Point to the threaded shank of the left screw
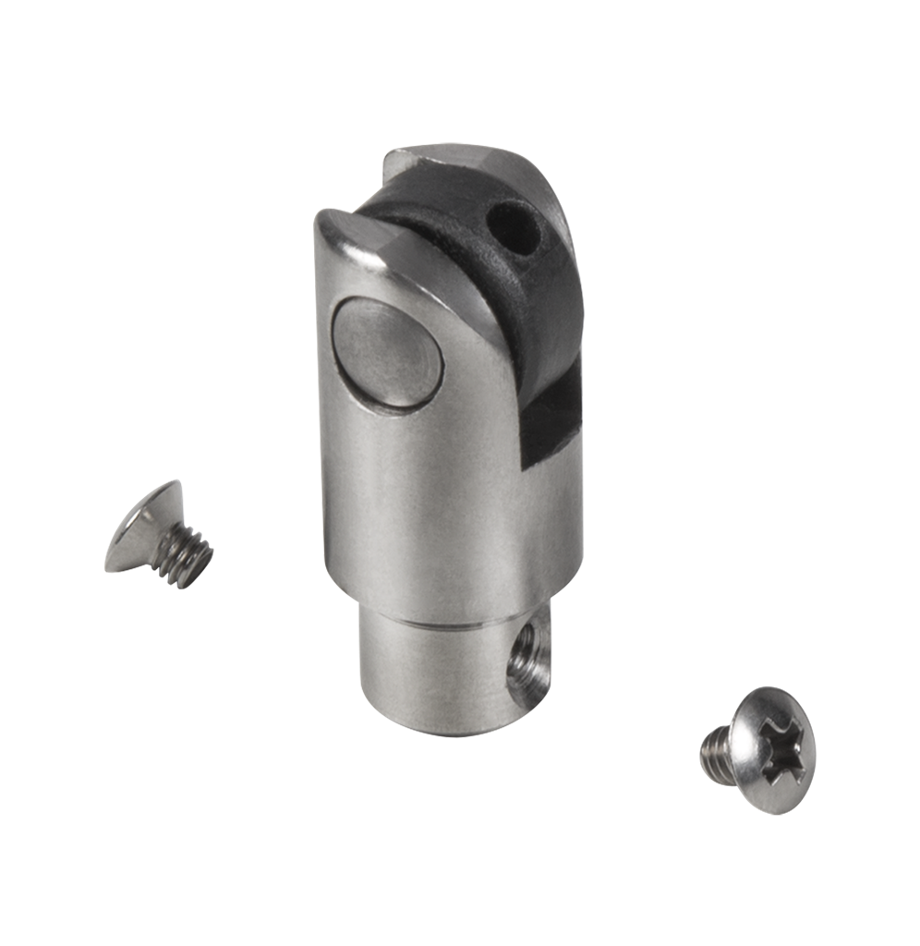185,554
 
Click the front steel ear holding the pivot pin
406,370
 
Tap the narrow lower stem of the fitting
443,665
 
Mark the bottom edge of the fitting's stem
443,730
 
